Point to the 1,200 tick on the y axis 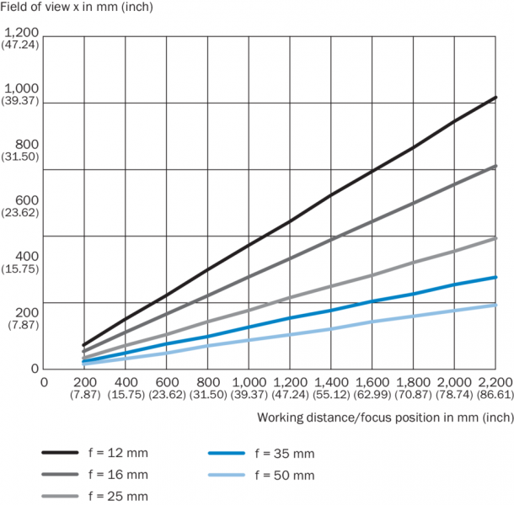(21, 31)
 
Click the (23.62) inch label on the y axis (21, 213)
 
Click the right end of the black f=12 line (495, 98)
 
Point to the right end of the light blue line (495, 305)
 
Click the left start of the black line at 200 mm (83, 345)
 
